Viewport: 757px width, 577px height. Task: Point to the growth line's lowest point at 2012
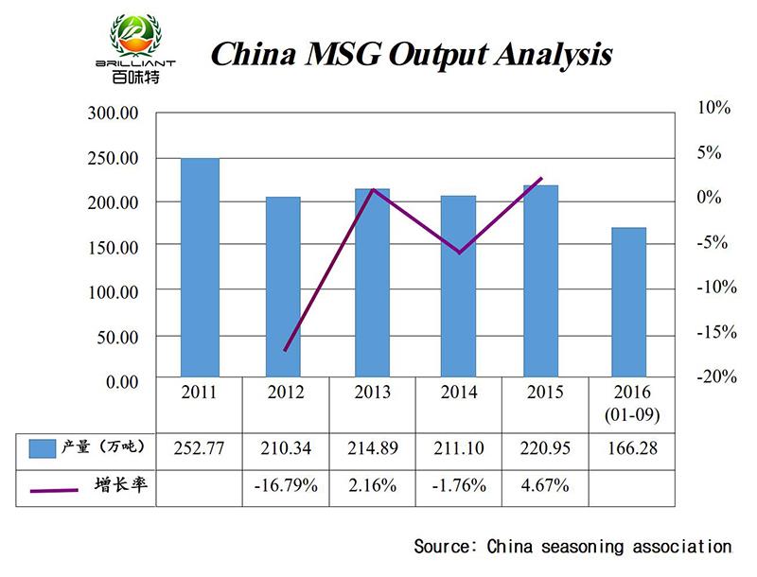285,350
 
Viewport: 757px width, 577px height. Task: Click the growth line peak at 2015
541,178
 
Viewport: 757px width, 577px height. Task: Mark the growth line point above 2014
460,253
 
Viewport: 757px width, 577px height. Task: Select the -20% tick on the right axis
717,376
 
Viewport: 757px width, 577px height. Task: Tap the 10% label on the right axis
715,108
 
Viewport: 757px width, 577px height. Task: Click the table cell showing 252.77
200,447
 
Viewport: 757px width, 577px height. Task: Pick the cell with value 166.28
626,447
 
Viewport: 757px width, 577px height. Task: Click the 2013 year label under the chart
371,392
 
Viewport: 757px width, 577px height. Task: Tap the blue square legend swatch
43,447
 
